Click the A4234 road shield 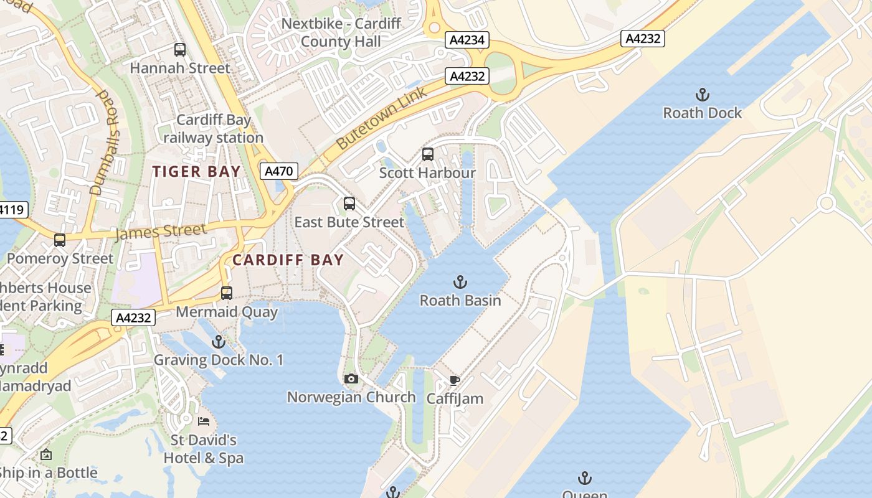click(467, 40)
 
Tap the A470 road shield click(278, 171)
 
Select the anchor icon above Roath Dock click(702, 95)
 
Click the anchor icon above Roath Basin click(460, 282)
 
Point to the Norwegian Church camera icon click(351, 378)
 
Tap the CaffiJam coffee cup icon click(455, 380)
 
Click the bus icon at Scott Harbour click(427, 154)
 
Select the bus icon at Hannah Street click(180, 50)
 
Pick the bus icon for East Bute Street click(349, 204)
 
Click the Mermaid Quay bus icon click(227, 293)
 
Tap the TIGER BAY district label click(196, 172)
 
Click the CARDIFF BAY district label click(288, 260)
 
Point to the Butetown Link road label click(381, 118)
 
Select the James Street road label click(160, 232)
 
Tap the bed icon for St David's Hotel click(204, 421)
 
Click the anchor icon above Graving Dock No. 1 click(218, 341)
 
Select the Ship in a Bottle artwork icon click(45, 455)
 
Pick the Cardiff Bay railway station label click(214, 129)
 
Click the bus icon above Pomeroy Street click(60, 240)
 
